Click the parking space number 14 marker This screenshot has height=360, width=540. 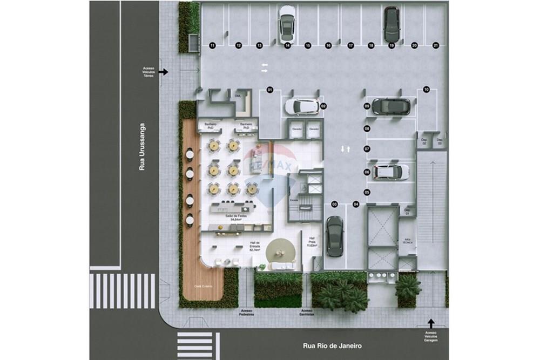[287, 46]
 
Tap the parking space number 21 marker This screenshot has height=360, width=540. [436, 46]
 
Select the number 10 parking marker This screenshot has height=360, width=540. [426, 90]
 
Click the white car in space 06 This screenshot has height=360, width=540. [390, 172]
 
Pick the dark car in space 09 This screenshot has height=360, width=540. [390, 106]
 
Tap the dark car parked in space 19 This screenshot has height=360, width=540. [391, 24]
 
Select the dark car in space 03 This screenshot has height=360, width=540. [335, 236]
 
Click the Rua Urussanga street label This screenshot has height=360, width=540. [143, 147]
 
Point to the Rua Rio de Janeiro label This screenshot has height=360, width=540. [332, 346]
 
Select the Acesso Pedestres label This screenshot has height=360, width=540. [247, 313]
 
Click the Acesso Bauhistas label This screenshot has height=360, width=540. [307, 313]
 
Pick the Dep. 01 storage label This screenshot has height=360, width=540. [408, 210]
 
